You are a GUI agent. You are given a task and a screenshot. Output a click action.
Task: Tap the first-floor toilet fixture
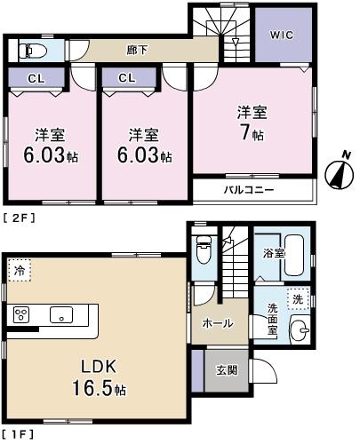click(x=201, y=250)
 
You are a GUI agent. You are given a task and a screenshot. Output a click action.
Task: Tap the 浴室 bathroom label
click(x=274, y=253)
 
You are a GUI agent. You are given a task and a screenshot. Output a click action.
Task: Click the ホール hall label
click(x=218, y=323)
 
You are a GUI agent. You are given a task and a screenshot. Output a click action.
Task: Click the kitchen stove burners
click(x=22, y=313)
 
